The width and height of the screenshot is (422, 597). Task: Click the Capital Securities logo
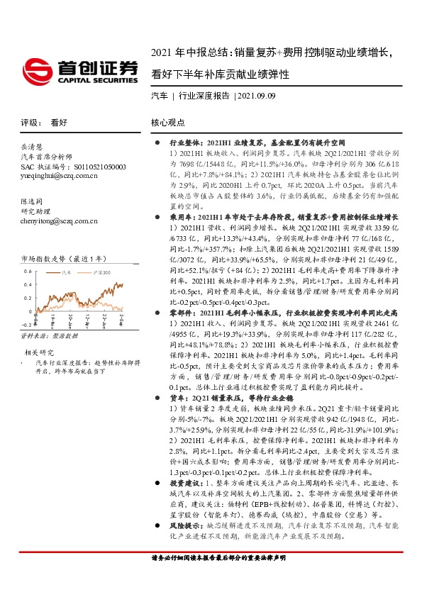pyautogui.click(x=80, y=71)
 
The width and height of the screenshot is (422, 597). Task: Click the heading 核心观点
pyautogui.click(x=167, y=122)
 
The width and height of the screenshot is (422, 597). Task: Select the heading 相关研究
pyautogui.click(x=39, y=351)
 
